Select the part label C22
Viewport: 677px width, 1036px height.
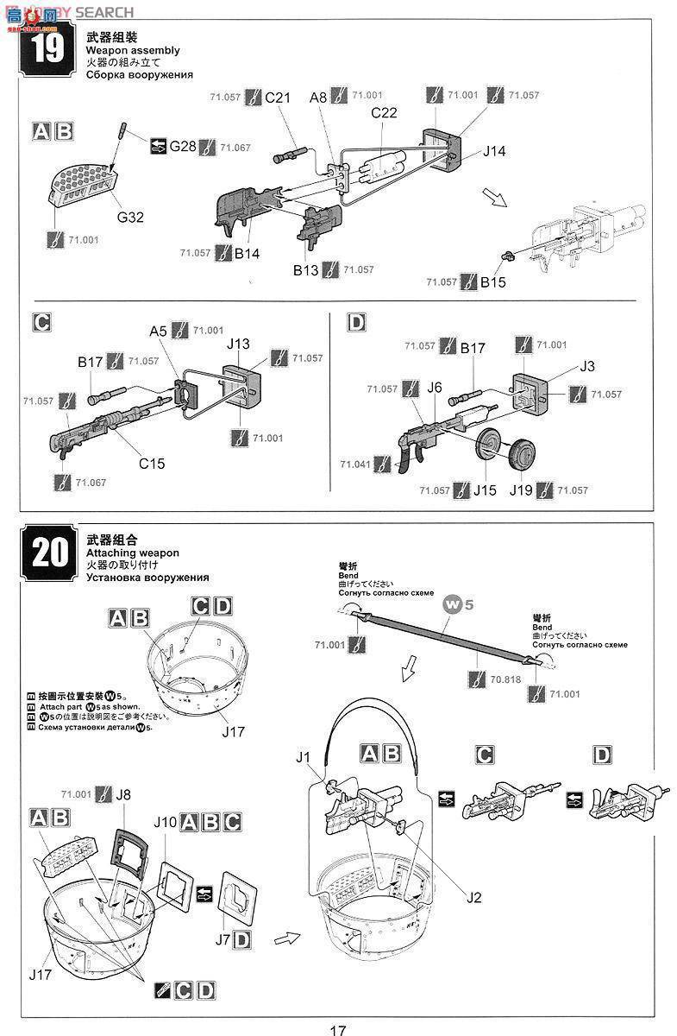[x=384, y=113]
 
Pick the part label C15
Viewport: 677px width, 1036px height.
[x=152, y=464]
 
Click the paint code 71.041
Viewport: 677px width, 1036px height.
[x=354, y=464]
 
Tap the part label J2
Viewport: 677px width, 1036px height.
[x=473, y=897]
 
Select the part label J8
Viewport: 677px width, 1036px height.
[x=124, y=794]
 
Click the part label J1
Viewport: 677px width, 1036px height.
[x=302, y=757]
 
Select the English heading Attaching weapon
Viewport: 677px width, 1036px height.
[x=132, y=553]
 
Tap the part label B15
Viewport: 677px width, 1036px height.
[x=494, y=282]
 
